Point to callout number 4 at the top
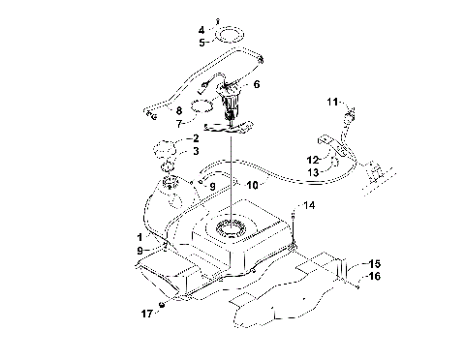(201, 30)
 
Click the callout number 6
(256, 85)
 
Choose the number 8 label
(178, 111)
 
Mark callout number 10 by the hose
(252, 183)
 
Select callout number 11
(332, 102)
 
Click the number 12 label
(313, 159)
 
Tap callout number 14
(311, 205)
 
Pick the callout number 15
(373, 263)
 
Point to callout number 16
(374, 276)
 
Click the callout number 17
(146, 314)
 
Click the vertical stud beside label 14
(294, 215)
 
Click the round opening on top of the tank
(232, 229)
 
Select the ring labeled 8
(200, 106)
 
